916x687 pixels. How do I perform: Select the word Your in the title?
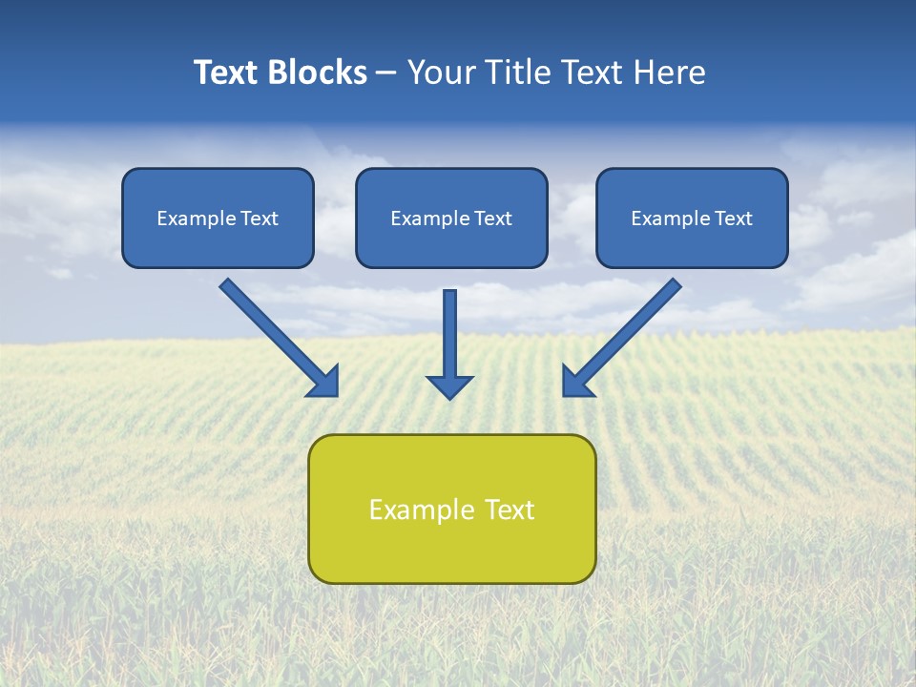tap(436, 73)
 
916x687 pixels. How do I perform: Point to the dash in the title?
tap(386, 73)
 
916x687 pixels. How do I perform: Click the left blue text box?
tap(218, 218)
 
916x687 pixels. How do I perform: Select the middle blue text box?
tap(451, 218)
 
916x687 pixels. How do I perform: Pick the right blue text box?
tap(692, 218)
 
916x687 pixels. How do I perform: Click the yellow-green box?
tap(451, 509)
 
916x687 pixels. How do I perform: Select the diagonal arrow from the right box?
tap(630, 330)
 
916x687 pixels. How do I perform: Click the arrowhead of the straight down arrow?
tap(449, 385)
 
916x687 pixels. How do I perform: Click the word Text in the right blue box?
tap(734, 219)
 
